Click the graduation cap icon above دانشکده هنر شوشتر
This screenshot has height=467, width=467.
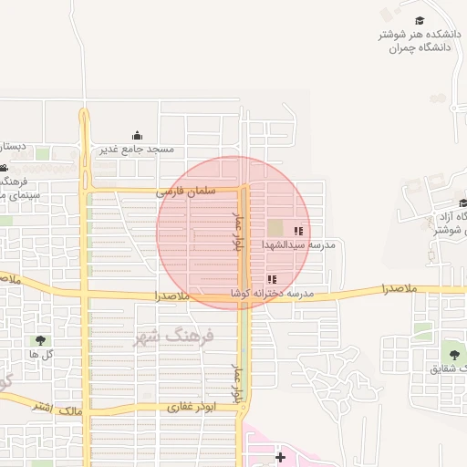[420, 21]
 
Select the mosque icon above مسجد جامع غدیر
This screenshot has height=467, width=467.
[138, 135]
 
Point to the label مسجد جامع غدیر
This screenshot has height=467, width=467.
[138, 148]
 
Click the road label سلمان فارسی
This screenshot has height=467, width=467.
[185, 192]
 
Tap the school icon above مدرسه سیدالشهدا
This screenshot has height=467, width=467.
[298, 232]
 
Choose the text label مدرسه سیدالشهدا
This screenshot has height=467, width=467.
[299, 245]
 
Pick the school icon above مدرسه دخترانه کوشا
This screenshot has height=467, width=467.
[271, 279]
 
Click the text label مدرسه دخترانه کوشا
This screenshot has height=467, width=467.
[272, 293]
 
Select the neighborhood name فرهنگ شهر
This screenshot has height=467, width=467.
[173, 336]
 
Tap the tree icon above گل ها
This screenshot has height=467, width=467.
[39, 340]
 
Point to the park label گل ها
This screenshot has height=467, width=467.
[39, 353]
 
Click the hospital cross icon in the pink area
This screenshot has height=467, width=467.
[280, 456]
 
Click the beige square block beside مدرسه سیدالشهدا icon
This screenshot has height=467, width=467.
[275, 227]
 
